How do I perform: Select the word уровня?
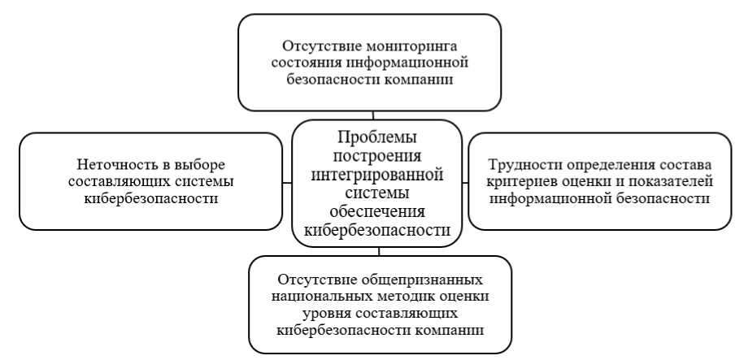pyautogui.click(x=329, y=314)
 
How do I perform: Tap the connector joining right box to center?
pyautogui.click(x=463, y=180)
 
